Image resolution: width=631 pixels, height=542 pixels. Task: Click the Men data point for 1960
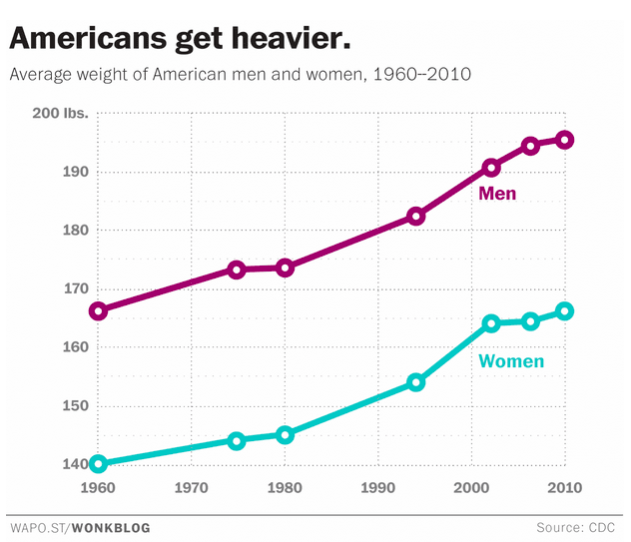tap(98, 310)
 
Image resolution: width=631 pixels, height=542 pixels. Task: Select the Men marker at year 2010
tap(564, 140)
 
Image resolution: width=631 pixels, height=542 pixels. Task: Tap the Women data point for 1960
tap(98, 463)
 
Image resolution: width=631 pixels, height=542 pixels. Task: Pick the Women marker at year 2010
tap(564, 310)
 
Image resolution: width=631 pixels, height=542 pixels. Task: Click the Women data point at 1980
tap(285, 434)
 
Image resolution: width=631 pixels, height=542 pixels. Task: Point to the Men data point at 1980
tap(285, 268)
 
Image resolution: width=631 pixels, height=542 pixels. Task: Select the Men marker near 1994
tap(416, 216)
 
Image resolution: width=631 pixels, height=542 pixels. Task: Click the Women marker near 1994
tap(416, 382)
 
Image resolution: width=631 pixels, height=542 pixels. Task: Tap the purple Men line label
tap(497, 193)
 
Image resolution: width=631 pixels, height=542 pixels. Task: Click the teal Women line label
tap(511, 361)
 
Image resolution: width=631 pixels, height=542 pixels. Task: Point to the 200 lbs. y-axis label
tap(61, 113)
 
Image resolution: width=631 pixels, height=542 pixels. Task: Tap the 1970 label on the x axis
tap(191, 489)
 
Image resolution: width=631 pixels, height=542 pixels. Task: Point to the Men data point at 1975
tap(237, 270)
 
